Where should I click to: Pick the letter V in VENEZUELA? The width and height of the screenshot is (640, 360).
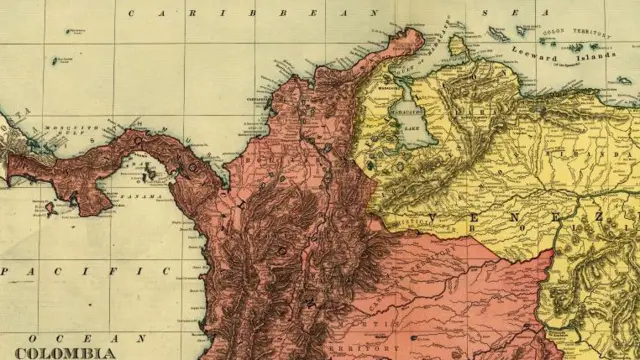pos(434,217)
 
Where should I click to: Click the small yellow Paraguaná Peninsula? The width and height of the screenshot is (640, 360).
pos(457,44)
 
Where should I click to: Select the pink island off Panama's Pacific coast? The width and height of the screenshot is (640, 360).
pos(50,208)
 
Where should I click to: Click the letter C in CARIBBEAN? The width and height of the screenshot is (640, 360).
pos(131,12)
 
